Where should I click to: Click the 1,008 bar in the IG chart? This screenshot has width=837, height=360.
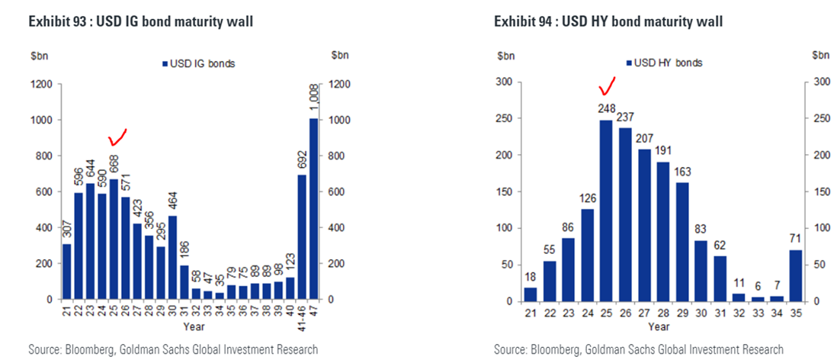click(x=313, y=208)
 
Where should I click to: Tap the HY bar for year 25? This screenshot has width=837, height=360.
click(x=606, y=211)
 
